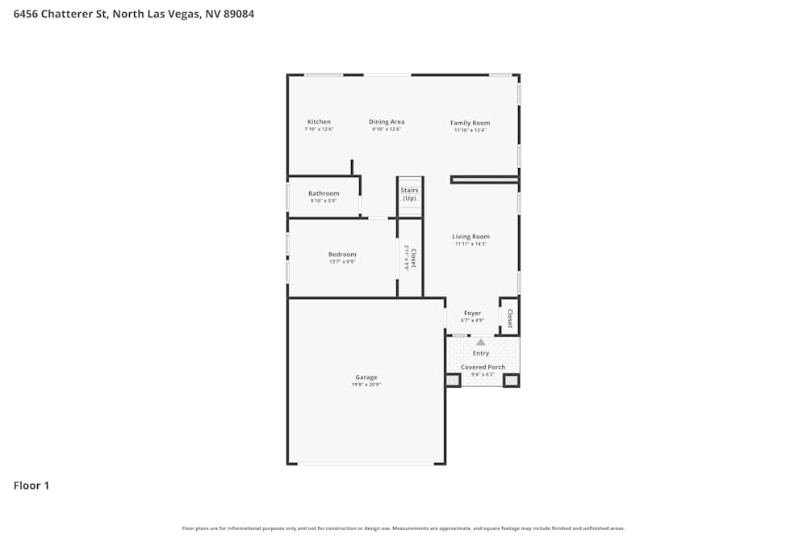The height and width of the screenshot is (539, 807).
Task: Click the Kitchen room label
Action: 319,122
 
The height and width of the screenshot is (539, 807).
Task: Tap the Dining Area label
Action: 387,122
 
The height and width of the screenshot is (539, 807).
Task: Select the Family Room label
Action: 470,123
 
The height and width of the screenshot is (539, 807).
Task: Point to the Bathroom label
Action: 324,193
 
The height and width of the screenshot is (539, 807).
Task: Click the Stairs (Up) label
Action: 409,194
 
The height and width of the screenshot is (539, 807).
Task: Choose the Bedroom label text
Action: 342,255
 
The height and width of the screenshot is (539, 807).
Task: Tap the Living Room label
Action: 470,237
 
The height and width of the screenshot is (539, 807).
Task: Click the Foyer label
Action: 472,314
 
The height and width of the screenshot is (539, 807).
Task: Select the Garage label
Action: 366,377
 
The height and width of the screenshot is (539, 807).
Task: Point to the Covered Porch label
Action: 483,367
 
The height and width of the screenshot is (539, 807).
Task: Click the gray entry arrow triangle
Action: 481,342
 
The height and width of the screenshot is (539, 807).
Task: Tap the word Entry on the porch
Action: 481,353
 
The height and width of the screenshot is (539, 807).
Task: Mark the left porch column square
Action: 453,380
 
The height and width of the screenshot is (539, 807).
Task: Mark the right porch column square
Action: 511,380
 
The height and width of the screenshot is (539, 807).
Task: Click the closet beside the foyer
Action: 509,318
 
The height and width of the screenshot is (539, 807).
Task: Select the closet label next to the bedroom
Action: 412,258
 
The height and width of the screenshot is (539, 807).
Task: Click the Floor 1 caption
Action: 31,486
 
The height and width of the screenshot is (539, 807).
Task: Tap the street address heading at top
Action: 134,14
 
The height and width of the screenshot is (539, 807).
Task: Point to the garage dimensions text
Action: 366,385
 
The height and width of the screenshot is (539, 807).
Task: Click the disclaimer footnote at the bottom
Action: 403,528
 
